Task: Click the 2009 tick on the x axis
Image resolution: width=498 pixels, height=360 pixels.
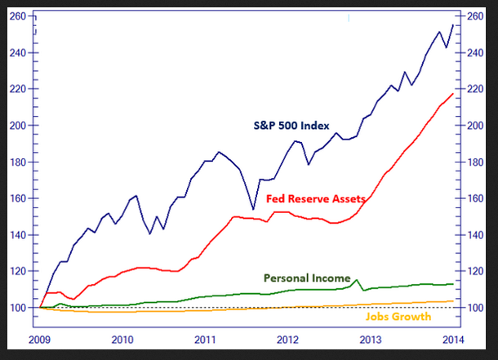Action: (40, 338)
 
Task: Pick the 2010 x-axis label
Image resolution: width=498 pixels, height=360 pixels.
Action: (122, 338)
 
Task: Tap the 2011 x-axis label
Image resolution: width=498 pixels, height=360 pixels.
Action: (205, 338)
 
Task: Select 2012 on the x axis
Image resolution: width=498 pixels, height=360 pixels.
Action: (287, 338)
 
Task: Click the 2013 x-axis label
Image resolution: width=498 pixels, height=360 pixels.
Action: (370, 338)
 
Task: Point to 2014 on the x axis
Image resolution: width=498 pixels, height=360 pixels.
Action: (452, 338)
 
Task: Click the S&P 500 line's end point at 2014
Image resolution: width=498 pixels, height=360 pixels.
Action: (453, 24)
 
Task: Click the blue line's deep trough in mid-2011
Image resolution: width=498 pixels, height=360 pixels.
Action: (253, 210)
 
